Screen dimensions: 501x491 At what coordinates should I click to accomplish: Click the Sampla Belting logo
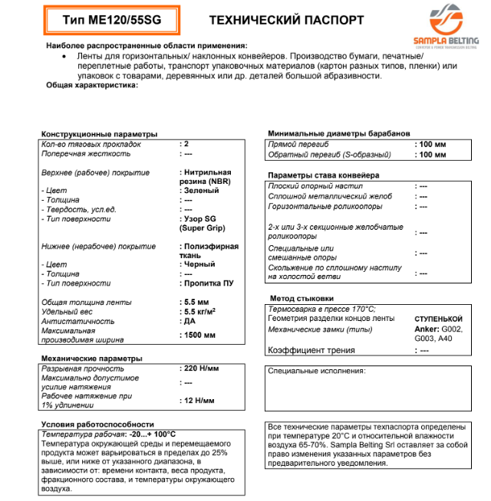click(454, 29)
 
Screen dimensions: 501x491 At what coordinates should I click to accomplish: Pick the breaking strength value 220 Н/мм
click(203, 368)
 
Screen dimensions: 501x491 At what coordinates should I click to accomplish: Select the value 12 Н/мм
click(199, 401)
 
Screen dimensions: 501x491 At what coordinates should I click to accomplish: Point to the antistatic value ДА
click(191, 322)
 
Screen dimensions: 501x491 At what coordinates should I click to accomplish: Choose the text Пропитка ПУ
click(209, 283)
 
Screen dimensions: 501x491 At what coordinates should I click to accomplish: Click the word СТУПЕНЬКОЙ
click(439, 319)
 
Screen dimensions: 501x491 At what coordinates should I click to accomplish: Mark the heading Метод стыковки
click(302, 297)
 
